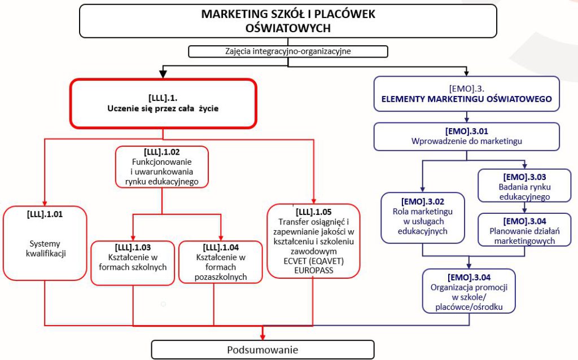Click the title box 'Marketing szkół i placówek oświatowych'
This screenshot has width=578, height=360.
pos(288,21)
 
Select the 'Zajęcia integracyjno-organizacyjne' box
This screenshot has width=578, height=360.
pos(288,51)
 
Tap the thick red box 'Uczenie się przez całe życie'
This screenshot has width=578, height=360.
pos(163,103)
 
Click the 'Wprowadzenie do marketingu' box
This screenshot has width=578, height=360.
pos(466,137)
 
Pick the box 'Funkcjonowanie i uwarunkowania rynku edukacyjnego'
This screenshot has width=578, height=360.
pos(162,166)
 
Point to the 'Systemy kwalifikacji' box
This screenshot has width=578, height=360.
pos(45,243)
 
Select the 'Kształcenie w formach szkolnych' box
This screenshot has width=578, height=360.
pos(133,261)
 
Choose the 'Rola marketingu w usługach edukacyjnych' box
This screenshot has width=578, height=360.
pos(422,217)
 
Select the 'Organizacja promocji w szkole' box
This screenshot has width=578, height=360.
pos(468,291)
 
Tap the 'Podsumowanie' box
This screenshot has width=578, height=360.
pos(262,350)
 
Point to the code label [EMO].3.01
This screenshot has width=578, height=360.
pos(466,131)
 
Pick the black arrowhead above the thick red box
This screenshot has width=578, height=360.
pos(163,74)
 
